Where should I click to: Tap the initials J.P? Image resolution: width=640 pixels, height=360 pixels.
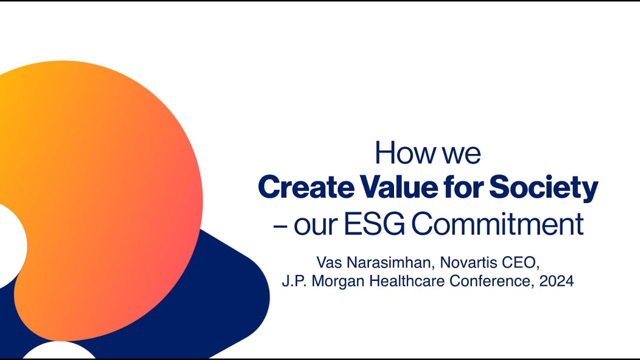[x=294, y=281]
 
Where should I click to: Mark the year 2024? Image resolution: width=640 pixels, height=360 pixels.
[x=556, y=281]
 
